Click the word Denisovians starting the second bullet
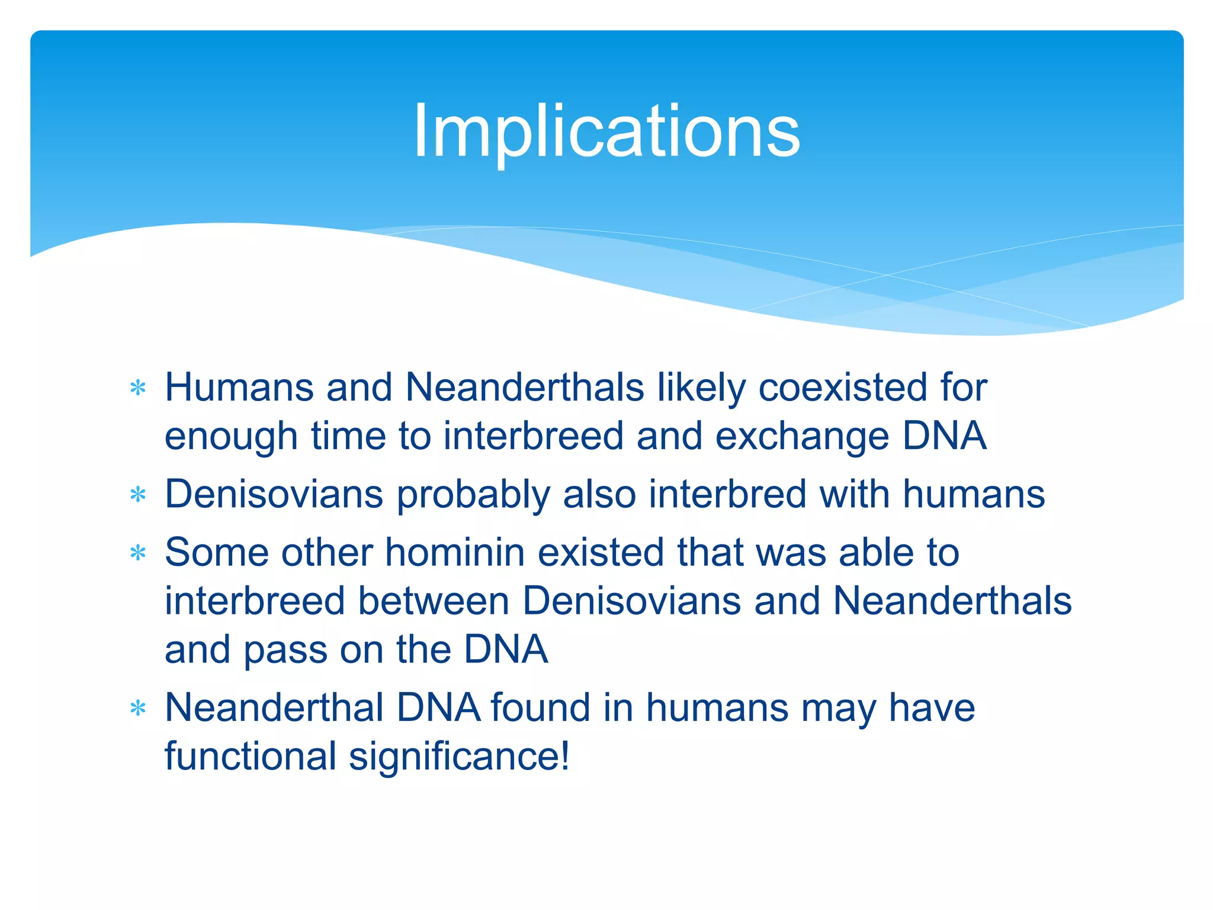[x=274, y=494]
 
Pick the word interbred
[x=727, y=494]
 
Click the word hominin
[x=455, y=553]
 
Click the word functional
[x=250, y=757]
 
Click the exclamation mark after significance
[x=564, y=757]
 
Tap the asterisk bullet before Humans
[x=137, y=389]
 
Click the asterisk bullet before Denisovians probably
[x=137, y=495]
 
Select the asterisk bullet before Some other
[x=137, y=553]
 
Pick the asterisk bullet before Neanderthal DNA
[x=137, y=708]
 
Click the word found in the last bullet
[x=540, y=708]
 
